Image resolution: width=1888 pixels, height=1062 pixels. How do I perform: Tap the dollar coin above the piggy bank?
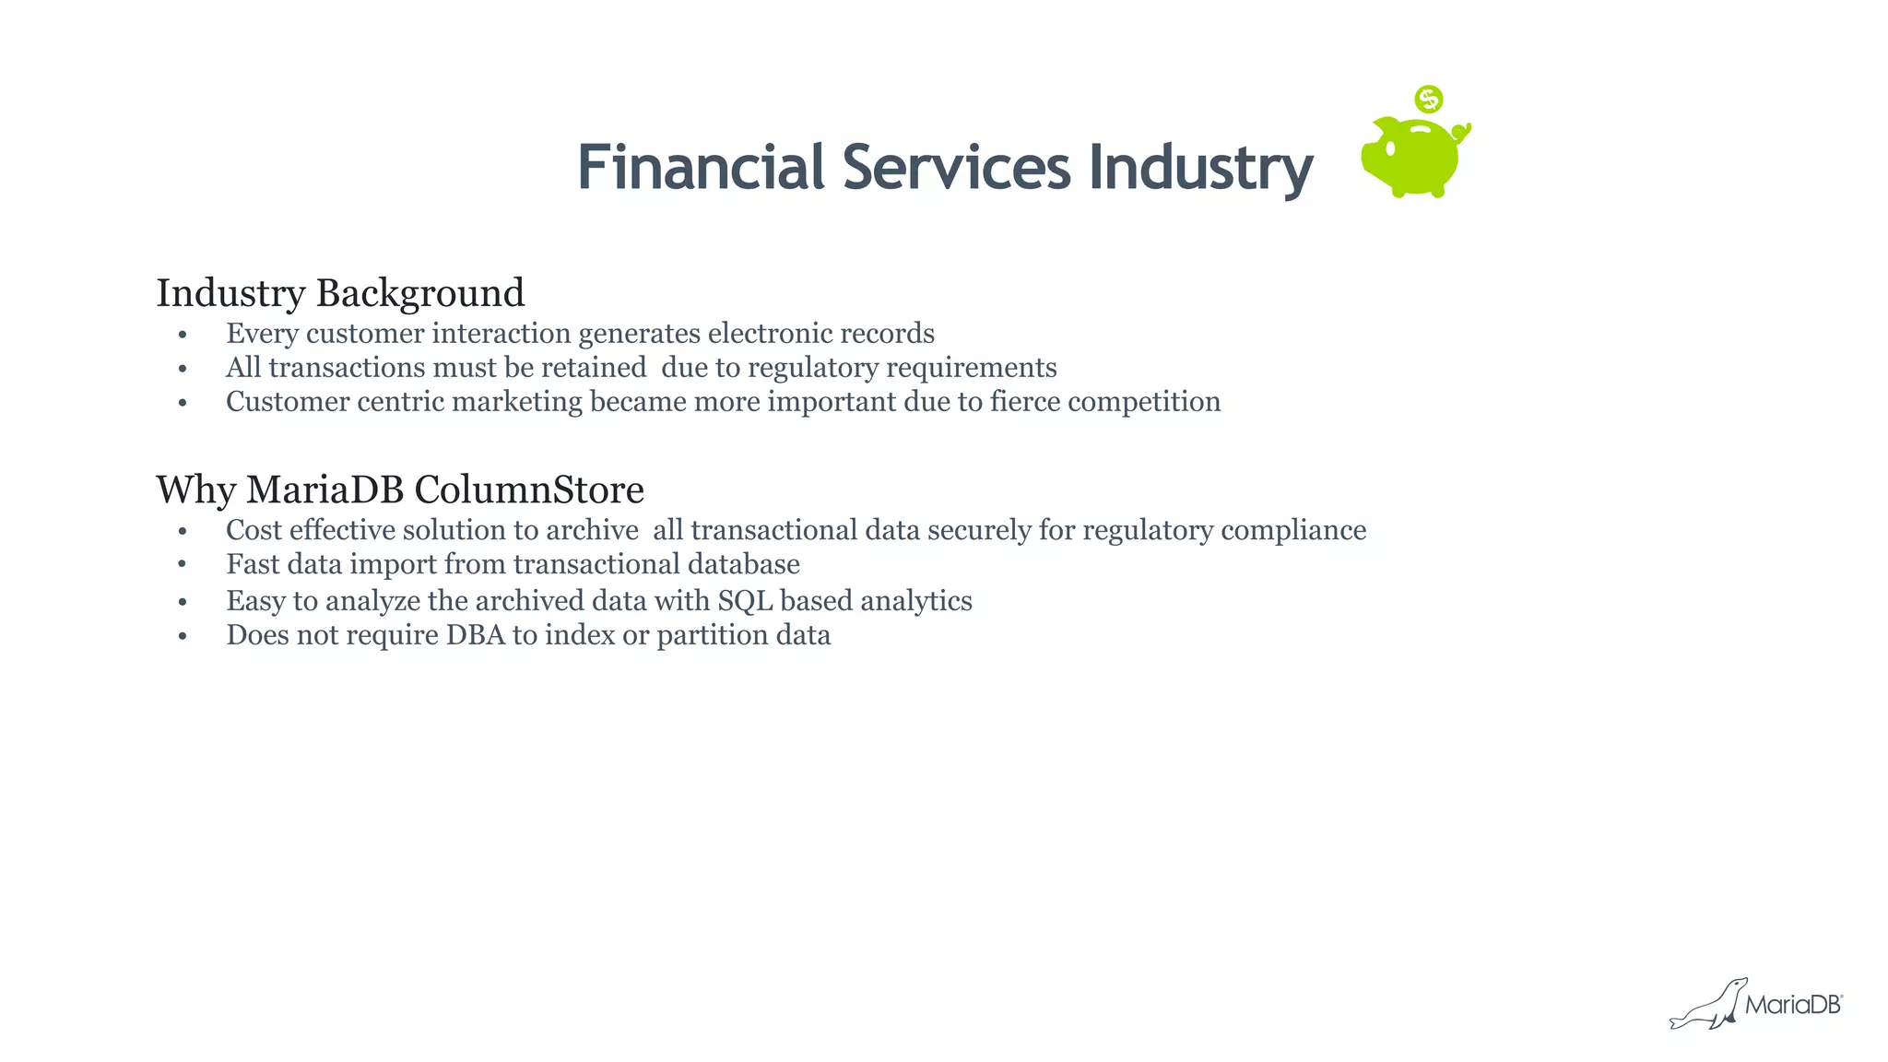1428,99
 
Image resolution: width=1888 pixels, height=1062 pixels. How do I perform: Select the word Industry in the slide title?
1200,168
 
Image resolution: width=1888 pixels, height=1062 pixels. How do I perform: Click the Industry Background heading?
340,293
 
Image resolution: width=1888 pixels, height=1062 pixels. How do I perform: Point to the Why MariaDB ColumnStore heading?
399,490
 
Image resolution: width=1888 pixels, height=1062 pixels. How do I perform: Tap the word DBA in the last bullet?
476,635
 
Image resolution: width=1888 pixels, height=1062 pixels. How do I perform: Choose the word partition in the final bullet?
701,635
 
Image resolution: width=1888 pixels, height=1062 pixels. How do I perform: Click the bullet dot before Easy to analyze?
183,603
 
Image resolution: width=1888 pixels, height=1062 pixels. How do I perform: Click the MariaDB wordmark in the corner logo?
1793,1005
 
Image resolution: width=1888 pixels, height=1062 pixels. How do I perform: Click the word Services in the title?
956,168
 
